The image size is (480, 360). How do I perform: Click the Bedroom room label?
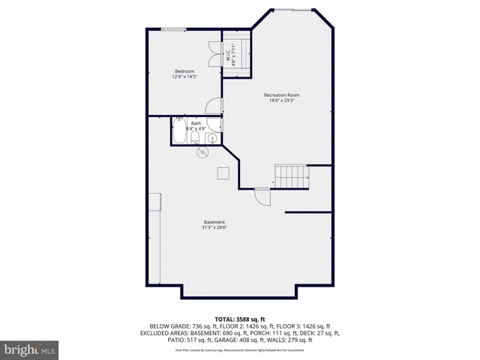(184, 71)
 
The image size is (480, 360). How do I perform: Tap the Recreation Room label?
(281, 94)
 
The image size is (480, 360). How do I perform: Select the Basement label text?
(214, 221)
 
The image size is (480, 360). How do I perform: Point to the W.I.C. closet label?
(235, 53)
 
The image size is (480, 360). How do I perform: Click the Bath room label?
(196, 123)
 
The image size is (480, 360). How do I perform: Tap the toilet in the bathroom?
(195, 136)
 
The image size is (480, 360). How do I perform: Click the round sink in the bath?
(212, 138)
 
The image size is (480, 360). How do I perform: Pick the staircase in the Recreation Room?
(292, 176)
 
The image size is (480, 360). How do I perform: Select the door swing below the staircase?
(262, 196)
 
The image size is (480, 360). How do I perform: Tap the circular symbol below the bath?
(201, 153)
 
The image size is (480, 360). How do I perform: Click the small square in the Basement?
(223, 173)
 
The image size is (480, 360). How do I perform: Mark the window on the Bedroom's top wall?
(174, 29)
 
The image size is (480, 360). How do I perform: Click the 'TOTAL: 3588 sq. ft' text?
(239, 318)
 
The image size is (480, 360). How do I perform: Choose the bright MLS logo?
(29, 349)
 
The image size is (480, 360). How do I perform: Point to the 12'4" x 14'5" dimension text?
(184, 77)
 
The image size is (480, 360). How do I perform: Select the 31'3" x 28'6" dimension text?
(214, 227)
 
